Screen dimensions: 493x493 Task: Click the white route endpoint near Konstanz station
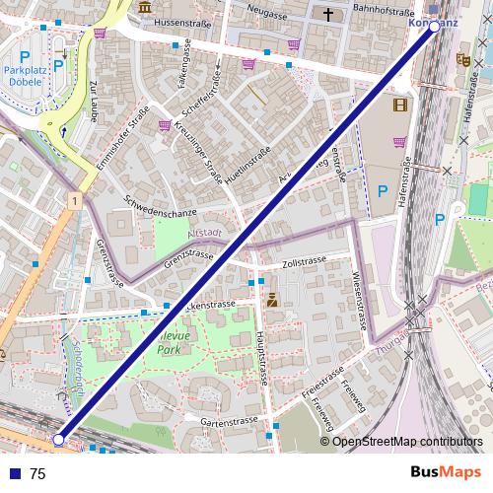click(434, 28)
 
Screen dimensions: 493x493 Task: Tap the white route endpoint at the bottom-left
click(59, 439)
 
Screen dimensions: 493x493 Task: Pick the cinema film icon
click(399, 105)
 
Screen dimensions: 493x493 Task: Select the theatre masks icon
click(462, 59)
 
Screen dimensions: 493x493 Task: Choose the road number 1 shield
click(74, 200)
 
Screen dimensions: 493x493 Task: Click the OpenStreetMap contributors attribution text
click(406, 441)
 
